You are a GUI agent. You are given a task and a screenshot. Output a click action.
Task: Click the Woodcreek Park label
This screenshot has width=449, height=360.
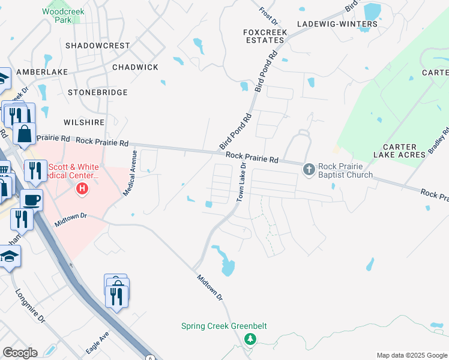[63, 16]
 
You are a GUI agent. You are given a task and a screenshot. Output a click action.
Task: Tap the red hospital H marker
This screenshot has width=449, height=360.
[82, 190]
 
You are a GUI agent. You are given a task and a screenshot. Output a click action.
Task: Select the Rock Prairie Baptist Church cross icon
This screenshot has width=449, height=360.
[309, 170]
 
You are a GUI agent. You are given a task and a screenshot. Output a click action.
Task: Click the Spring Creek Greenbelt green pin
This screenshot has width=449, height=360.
[250, 340]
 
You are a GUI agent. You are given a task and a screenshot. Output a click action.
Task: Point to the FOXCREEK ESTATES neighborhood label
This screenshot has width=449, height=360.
[264, 36]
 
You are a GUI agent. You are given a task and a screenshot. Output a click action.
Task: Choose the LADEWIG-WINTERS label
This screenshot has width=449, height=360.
[338, 24]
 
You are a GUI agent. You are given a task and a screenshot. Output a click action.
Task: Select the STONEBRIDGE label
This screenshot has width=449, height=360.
[98, 92]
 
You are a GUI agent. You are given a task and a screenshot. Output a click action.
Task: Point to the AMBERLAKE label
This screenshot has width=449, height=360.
[44, 72]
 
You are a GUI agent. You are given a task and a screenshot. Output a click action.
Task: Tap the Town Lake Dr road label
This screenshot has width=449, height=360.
[243, 182]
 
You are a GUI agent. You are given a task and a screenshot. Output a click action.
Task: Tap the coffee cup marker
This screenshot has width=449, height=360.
[31, 200]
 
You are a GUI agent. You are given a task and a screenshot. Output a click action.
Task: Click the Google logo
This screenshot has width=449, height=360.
[20, 353]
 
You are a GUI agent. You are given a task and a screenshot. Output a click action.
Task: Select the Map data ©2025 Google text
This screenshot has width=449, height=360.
[411, 355]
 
